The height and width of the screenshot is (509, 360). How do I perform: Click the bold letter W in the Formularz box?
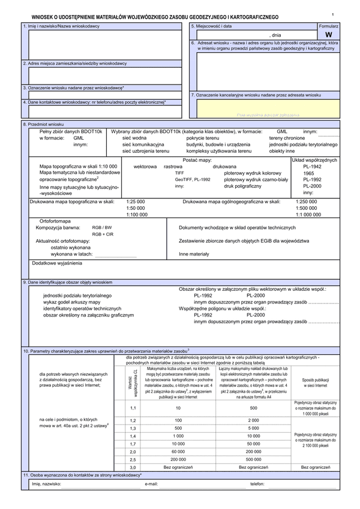(336, 35)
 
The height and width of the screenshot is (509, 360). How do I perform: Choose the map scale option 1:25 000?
(136, 202)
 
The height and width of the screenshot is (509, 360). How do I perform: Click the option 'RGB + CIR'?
(102, 234)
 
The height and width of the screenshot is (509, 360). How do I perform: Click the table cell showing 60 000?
(178, 451)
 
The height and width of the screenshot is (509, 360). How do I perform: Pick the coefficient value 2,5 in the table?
(133, 459)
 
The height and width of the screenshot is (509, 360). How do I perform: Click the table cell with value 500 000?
(253, 459)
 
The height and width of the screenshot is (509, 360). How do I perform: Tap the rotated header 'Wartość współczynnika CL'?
(133, 384)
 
